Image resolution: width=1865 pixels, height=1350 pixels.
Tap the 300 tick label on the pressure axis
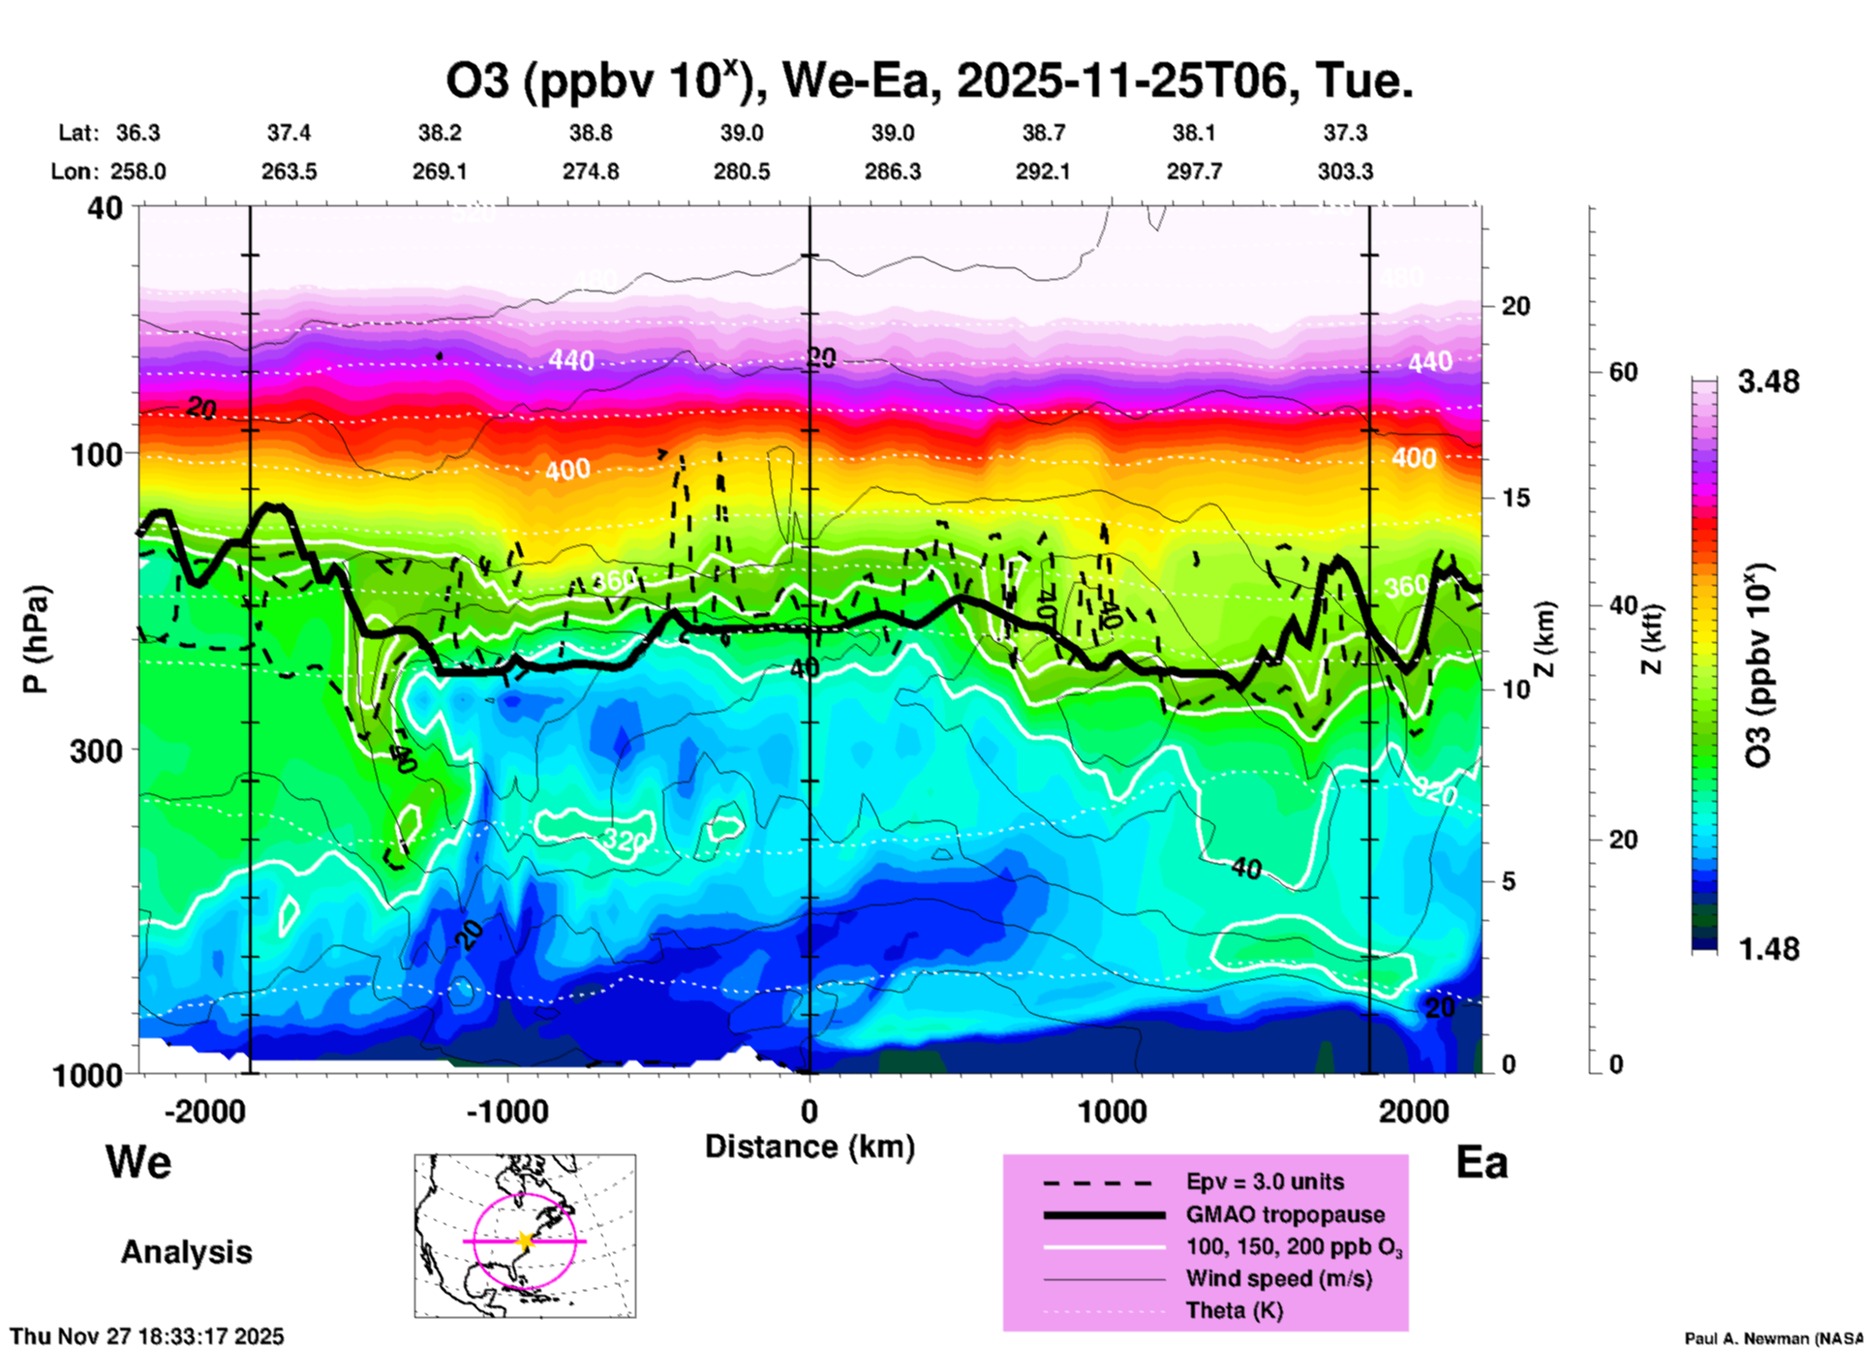tap(97, 751)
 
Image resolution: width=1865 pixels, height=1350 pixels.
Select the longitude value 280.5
tap(742, 171)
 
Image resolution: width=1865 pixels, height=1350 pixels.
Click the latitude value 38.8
tap(591, 133)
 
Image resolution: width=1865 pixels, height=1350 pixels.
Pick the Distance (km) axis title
tap(810, 1147)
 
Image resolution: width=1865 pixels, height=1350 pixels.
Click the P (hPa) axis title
tap(36, 639)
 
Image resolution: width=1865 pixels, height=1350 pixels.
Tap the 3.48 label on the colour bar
tap(1768, 382)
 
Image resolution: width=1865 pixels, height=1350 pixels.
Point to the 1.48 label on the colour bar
tap(1768, 948)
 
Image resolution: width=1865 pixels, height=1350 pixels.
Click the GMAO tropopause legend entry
tap(1285, 1214)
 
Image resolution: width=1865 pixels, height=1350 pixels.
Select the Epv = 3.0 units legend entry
tap(1265, 1181)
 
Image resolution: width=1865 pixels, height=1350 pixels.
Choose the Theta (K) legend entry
tap(1234, 1310)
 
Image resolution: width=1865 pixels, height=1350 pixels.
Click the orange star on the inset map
tap(525, 1241)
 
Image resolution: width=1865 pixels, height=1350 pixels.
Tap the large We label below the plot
tap(138, 1161)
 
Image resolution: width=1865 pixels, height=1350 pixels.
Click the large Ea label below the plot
tap(1482, 1163)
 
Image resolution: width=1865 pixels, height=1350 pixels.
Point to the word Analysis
tap(186, 1252)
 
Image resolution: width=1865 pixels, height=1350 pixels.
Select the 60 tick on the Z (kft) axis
tap(1624, 372)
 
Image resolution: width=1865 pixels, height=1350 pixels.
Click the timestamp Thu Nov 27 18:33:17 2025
tap(147, 1336)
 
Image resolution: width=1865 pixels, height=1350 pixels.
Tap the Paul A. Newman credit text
tap(1773, 1338)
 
